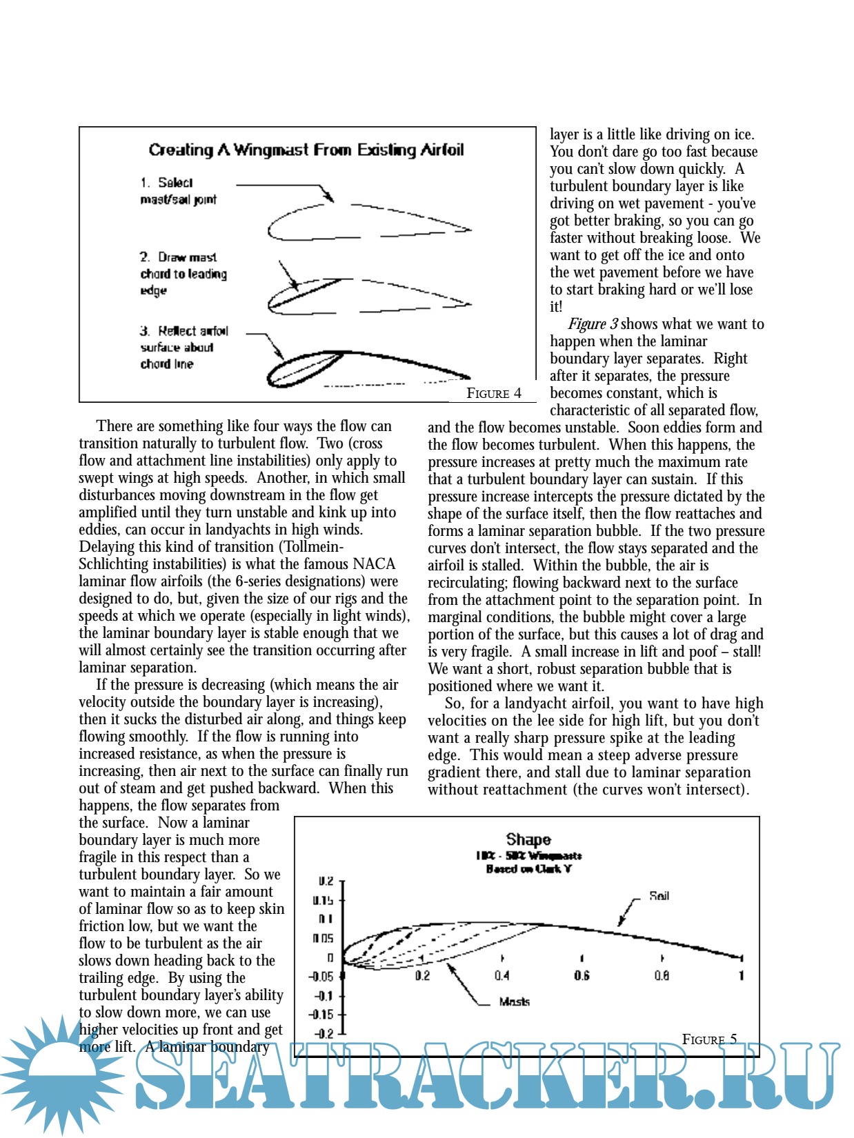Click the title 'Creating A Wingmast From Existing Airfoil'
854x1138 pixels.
(x=306, y=150)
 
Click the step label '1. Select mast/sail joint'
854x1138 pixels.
(x=178, y=191)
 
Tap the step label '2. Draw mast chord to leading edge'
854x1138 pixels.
(x=183, y=274)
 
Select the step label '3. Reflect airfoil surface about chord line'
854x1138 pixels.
(x=183, y=347)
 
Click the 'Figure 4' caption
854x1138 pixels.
(x=493, y=393)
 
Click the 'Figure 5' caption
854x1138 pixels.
(x=709, y=1039)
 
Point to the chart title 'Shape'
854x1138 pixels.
(x=528, y=839)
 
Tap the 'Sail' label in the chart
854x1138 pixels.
(x=659, y=896)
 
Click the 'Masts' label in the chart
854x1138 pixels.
(x=514, y=1001)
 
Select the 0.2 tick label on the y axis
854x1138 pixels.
(x=326, y=881)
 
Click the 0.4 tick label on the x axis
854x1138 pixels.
(x=502, y=975)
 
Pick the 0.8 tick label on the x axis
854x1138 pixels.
(x=662, y=975)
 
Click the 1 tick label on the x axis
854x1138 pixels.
(x=742, y=975)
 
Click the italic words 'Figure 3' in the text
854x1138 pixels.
(x=593, y=324)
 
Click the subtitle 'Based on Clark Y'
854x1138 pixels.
(x=528, y=869)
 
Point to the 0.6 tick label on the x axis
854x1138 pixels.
(x=582, y=975)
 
